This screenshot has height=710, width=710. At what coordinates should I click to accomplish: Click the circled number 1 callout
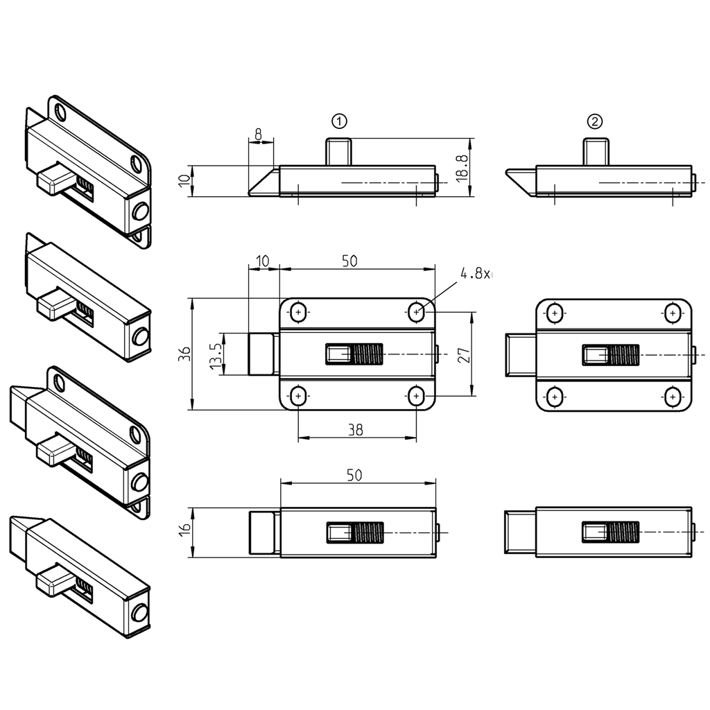(339, 121)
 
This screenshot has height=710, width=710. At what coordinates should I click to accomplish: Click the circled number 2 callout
(595, 121)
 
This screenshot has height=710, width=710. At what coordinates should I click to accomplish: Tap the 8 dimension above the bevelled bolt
(259, 134)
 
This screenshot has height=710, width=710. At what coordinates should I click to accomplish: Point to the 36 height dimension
(183, 354)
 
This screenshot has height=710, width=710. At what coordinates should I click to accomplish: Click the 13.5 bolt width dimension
(216, 354)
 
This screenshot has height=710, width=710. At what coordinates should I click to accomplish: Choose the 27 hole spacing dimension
(466, 354)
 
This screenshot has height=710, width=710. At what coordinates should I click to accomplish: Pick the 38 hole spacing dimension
(356, 430)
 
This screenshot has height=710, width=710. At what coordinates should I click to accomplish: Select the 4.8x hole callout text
(474, 274)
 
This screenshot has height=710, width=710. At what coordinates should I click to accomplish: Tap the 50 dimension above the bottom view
(354, 475)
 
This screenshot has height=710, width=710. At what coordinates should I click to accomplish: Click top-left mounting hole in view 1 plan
(299, 313)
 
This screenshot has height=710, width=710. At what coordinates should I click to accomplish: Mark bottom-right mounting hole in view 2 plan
(671, 397)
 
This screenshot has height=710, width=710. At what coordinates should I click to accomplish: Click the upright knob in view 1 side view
(339, 151)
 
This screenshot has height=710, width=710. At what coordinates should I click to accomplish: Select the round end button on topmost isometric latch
(141, 211)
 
